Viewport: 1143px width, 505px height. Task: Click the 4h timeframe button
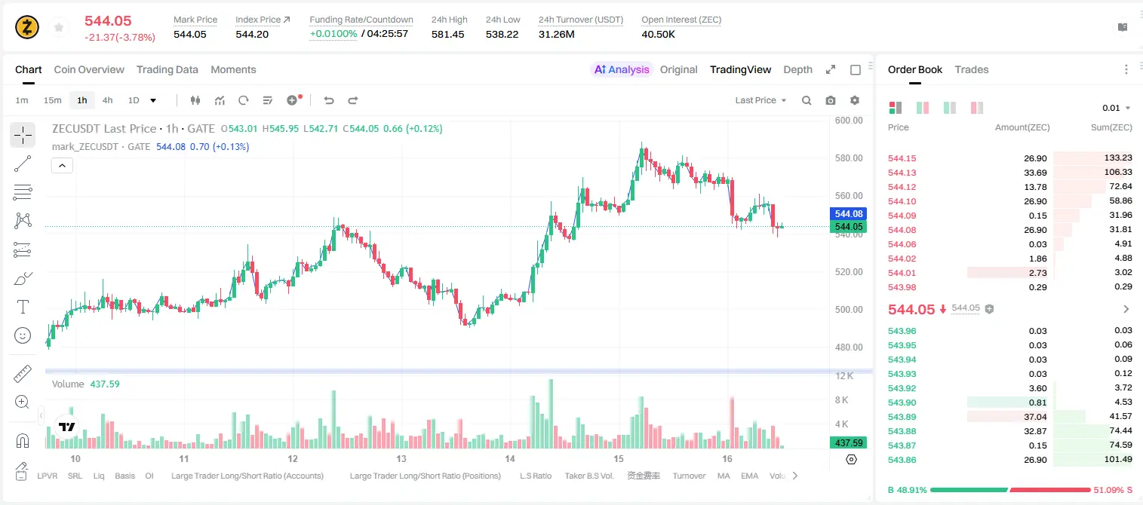click(x=107, y=100)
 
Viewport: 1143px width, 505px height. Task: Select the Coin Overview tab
click(x=89, y=69)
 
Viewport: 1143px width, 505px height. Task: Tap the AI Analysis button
click(x=621, y=69)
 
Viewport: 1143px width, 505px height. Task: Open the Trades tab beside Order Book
click(x=971, y=69)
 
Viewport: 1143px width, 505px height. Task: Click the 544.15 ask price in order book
click(x=902, y=158)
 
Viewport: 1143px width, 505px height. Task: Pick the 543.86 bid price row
click(x=902, y=460)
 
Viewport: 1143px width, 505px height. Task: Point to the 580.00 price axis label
click(x=849, y=158)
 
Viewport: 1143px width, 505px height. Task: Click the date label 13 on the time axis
click(x=401, y=458)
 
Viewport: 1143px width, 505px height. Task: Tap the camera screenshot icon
click(x=830, y=100)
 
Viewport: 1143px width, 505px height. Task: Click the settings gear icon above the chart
click(x=855, y=100)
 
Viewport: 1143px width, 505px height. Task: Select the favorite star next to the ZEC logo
click(x=59, y=27)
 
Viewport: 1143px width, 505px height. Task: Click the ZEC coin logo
click(x=27, y=27)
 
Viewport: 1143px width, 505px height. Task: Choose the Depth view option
click(x=797, y=69)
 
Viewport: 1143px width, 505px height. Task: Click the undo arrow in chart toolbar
click(x=329, y=100)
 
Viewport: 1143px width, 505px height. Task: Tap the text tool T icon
click(x=23, y=307)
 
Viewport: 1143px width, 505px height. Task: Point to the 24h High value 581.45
click(x=447, y=34)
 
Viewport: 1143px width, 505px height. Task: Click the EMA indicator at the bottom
click(x=749, y=476)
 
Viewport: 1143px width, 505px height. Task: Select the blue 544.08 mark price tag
click(x=848, y=213)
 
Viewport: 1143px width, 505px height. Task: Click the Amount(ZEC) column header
click(x=1022, y=127)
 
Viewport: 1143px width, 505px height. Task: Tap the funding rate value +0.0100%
click(x=333, y=34)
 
